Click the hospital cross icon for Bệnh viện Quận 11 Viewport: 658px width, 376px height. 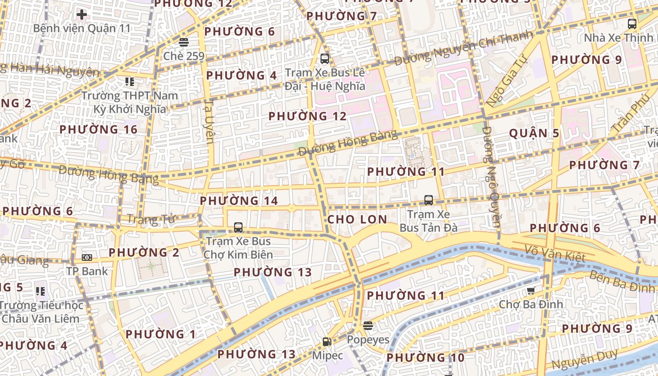point(82,14)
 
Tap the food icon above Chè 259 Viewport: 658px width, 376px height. point(183,42)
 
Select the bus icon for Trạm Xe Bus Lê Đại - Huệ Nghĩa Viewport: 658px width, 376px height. point(324,59)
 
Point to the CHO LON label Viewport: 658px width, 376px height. point(357,219)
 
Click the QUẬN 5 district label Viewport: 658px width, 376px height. point(534,133)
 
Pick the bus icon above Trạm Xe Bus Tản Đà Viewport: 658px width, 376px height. point(428,200)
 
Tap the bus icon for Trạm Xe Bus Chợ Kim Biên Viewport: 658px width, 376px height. point(238,227)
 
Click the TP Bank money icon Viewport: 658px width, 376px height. point(86,258)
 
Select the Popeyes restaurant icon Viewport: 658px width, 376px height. point(368,326)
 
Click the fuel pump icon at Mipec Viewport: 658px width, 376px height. point(327,342)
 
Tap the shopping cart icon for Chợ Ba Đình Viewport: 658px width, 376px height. point(531,291)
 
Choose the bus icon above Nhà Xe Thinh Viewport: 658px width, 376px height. point(632,23)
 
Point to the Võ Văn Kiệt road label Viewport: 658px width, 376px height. point(556,254)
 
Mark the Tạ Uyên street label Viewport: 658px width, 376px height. point(210,121)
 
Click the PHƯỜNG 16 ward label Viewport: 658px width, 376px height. point(98,130)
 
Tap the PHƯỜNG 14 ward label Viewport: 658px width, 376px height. point(239,201)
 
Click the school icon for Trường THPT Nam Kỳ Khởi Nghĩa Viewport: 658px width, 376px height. point(130,82)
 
